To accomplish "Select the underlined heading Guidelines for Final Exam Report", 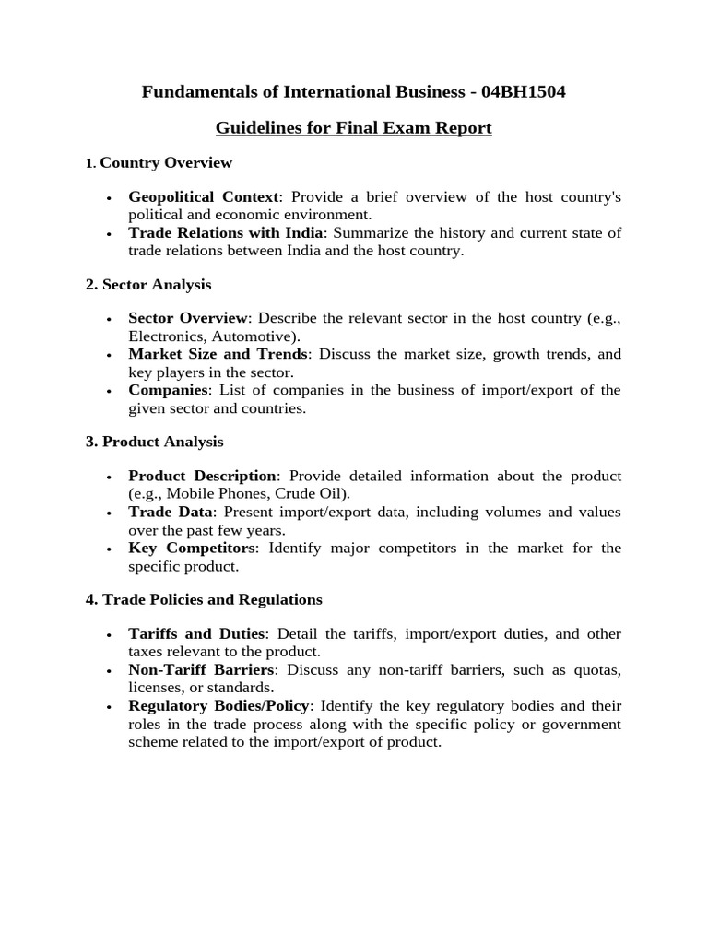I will click(x=354, y=128).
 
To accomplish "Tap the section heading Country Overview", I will click(x=166, y=163).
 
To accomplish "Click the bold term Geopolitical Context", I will click(x=203, y=197).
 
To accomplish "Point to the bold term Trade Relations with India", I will click(x=226, y=233).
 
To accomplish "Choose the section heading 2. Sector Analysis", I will click(x=148, y=285).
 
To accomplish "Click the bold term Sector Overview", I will click(x=188, y=319).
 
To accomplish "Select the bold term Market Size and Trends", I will click(x=218, y=355).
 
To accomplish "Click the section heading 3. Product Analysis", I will click(x=154, y=442).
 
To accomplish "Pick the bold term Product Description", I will click(x=202, y=477).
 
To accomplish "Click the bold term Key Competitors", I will click(x=191, y=549).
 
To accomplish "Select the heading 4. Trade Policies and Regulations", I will click(x=204, y=600).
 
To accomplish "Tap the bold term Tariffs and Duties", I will click(x=196, y=634).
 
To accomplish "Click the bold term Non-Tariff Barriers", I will click(x=201, y=670).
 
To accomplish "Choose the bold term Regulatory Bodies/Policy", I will click(x=219, y=706).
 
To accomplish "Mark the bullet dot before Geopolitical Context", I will click(x=110, y=199).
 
